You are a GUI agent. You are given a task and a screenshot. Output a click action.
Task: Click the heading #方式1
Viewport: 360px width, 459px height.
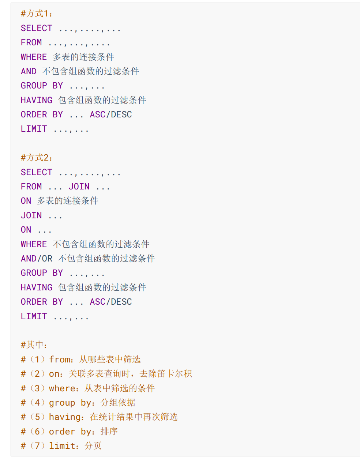click(37, 14)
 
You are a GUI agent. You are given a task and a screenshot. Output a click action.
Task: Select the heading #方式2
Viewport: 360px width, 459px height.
click(37, 158)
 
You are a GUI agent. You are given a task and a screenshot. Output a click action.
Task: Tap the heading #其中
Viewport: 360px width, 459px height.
click(34, 345)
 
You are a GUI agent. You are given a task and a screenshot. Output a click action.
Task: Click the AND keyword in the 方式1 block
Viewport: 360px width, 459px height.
click(29, 71)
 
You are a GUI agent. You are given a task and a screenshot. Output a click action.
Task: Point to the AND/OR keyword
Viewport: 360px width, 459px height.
click(37, 259)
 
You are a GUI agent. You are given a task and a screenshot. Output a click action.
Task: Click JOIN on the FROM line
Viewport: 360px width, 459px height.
click(79, 187)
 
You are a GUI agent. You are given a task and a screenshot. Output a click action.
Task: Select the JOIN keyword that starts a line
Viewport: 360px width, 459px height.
click(31, 215)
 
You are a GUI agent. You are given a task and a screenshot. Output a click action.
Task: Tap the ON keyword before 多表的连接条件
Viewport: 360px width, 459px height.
click(26, 201)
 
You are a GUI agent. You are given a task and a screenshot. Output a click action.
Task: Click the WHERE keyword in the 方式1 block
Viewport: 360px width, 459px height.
click(34, 57)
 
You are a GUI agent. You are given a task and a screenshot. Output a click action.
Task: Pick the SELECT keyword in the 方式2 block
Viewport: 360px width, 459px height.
click(37, 172)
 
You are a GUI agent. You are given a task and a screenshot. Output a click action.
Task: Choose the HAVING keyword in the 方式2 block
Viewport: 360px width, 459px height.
click(37, 287)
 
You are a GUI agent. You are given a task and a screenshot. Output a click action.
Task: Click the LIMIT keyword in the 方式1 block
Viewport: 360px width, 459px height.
click(34, 129)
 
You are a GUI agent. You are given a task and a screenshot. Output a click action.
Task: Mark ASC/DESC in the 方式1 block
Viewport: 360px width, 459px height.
click(111, 114)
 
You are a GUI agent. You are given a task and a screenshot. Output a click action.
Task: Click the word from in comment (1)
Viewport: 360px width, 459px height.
click(60, 360)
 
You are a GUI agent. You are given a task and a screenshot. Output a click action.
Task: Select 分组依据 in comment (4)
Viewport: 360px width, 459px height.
click(118, 403)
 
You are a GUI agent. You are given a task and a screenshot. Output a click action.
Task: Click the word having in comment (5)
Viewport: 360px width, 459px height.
click(65, 417)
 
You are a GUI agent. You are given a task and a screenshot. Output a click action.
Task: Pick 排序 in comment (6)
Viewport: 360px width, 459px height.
click(109, 432)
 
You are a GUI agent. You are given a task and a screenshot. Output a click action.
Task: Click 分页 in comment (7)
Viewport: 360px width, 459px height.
click(93, 446)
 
